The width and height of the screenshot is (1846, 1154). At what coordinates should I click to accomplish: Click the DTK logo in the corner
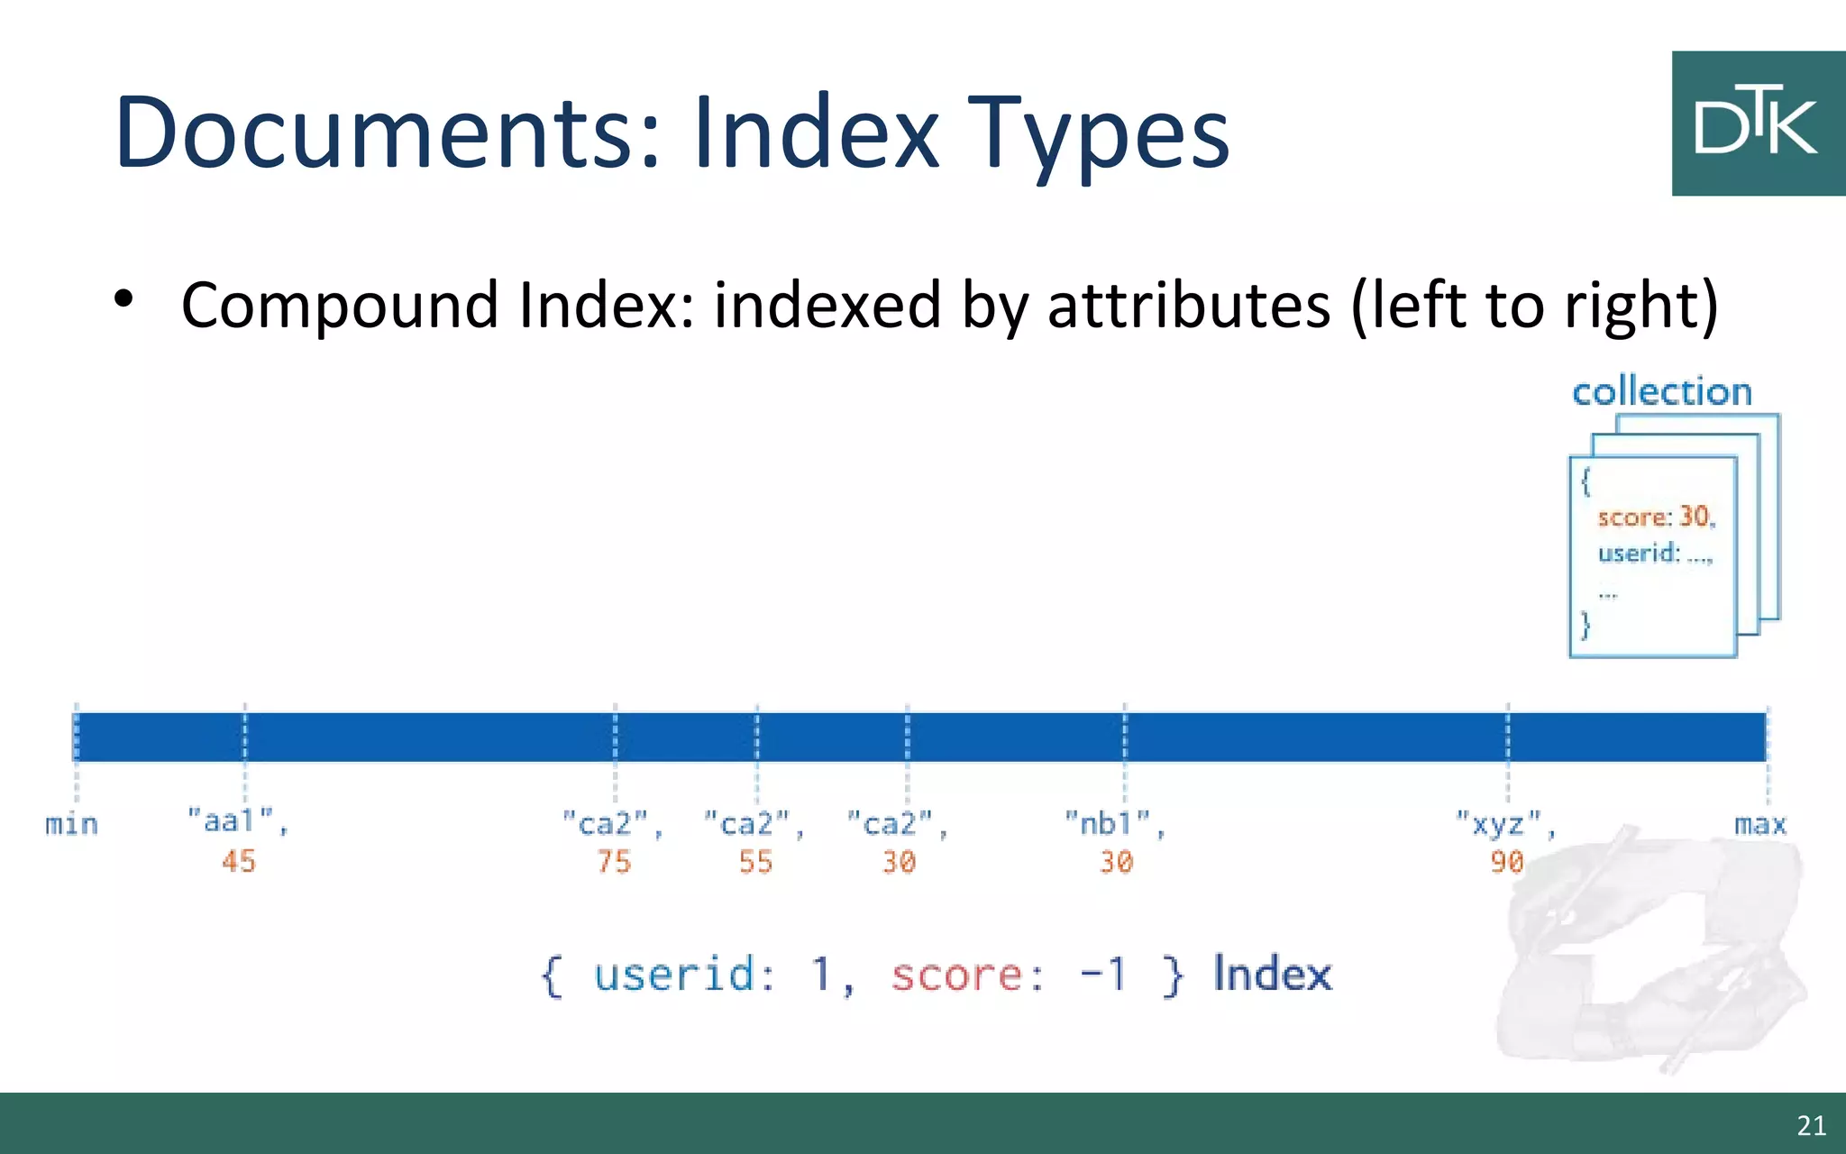tap(1757, 124)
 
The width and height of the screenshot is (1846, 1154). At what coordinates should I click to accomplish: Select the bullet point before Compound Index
tap(124, 299)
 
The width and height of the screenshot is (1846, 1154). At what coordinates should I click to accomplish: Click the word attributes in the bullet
tap(1188, 305)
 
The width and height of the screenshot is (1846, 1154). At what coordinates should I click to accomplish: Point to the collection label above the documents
tap(1661, 392)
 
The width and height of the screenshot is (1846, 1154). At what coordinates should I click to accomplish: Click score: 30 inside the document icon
tap(1656, 517)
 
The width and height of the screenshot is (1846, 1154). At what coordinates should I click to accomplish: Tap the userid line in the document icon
tap(1654, 553)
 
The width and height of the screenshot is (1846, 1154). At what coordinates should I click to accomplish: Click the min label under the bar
tap(71, 824)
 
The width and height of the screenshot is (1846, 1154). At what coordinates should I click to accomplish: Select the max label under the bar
tap(1759, 824)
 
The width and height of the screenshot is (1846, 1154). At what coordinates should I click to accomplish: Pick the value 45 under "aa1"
tap(239, 861)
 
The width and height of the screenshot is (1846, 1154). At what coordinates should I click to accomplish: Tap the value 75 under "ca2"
tap(614, 862)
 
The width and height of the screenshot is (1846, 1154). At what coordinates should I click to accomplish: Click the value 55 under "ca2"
tap(755, 862)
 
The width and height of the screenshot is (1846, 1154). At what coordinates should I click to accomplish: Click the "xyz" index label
tap(1504, 823)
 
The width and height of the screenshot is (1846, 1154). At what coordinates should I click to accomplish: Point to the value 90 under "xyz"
tap(1506, 862)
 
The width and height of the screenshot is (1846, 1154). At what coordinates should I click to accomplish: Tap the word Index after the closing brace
tap(1272, 974)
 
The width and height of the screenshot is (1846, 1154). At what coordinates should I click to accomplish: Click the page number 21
tap(1811, 1125)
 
